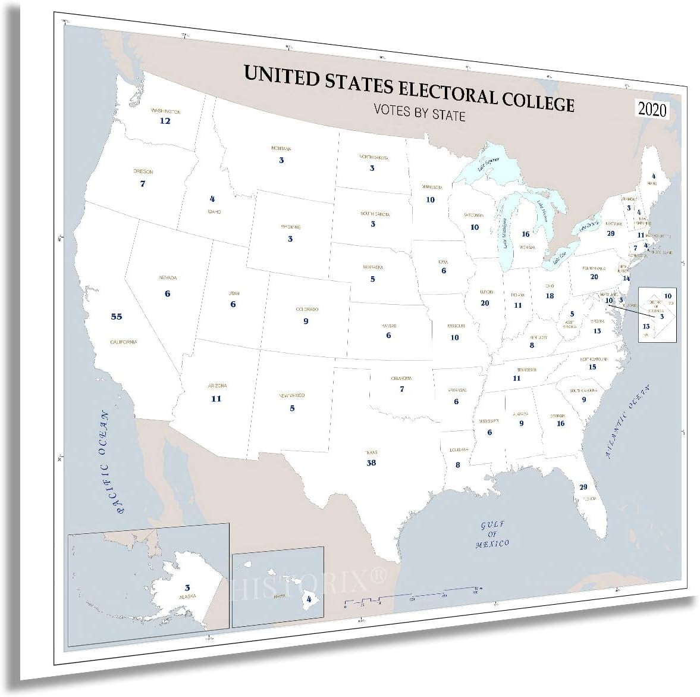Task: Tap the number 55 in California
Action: click(116, 317)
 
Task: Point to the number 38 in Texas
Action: click(371, 462)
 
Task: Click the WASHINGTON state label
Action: click(165, 111)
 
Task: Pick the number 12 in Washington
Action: click(165, 121)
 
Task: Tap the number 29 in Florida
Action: click(583, 487)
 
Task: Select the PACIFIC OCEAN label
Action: click(113, 462)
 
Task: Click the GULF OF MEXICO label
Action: click(493, 534)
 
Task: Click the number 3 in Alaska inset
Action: click(187, 587)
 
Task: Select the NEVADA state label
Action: click(168, 278)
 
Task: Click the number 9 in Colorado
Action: click(306, 321)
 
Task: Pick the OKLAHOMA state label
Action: click(402, 379)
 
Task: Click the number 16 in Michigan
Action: click(526, 235)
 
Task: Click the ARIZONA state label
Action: click(216, 386)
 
